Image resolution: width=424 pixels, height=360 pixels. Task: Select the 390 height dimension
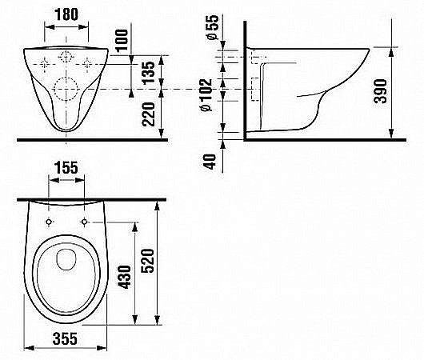click(x=402, y=92)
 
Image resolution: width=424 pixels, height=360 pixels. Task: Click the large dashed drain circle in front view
click(x=68, y=90)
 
